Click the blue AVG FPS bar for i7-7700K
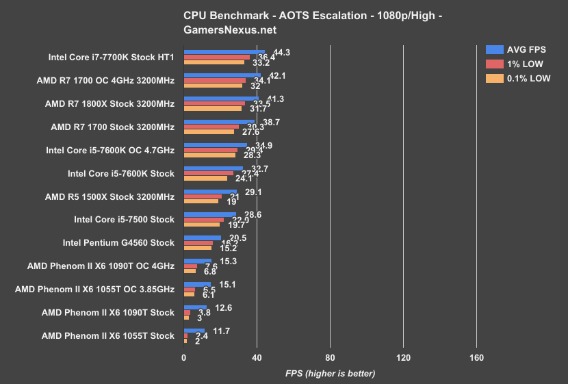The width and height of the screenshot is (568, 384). [224, 52]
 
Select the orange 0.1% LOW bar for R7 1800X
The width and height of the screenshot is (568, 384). [213, 109]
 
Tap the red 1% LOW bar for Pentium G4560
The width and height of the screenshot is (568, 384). [198, 243]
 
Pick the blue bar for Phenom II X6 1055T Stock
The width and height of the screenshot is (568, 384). [194, 331]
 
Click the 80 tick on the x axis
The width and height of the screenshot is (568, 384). [330, 358]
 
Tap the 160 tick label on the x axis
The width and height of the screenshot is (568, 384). [476, 358]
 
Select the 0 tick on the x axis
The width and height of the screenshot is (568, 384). [183, 358]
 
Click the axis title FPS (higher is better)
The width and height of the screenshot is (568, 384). [330, 374]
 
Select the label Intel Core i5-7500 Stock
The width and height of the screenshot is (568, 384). [124, 220]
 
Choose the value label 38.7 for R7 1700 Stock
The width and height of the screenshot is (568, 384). [272, 121]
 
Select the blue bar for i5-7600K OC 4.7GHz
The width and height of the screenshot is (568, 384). [216, 145]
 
